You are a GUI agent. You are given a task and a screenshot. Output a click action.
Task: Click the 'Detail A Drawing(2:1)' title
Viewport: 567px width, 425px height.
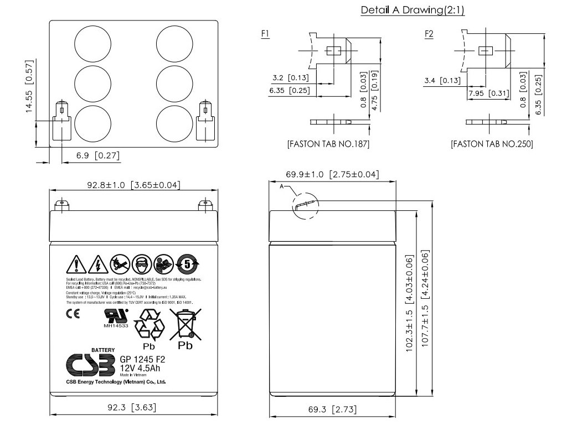pyautogui.click(x=412, y=10)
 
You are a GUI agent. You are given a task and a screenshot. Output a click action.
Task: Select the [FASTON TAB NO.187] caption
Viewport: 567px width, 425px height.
pyautogui.click(x=328, y=144)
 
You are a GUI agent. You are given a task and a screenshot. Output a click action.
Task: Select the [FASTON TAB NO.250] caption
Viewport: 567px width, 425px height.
pyautogui.click(x=492, y=144)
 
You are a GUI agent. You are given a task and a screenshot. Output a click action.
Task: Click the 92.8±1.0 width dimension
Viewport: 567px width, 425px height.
pyautogui.click(x=132, y=184)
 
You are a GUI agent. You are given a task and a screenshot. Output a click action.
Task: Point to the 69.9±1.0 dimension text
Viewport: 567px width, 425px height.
pyautogui.click(x=332, y=175)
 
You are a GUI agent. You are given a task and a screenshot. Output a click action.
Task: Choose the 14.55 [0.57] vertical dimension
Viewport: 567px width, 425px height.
pyautogui.click(x=30, y=86)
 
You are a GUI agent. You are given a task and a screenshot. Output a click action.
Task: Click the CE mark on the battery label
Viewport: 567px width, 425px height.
pyautogui.click(x=73, y=315)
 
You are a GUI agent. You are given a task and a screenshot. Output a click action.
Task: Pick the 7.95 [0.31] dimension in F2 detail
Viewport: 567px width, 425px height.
pyautogui.click(x=488, y=93)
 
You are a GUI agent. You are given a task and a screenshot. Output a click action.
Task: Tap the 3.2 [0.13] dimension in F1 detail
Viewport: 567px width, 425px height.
pyautogui.click(x=291, y=77)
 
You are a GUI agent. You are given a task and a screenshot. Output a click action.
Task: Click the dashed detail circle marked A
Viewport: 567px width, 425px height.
pyautogui.click(x=306, y=206)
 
